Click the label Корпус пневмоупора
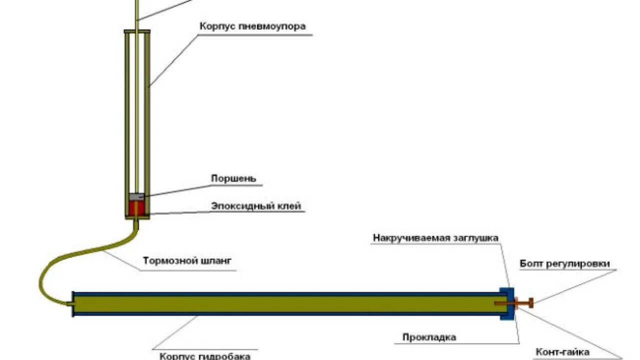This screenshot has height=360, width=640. pyautogui.click(x=252, y=26)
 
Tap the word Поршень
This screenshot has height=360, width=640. pyautogui.click(x=233, y=178)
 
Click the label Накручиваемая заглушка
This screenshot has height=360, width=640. pyautogui.click(x=435, y=238)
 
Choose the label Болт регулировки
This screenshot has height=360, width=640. pyautogui.click(x=564, y=264)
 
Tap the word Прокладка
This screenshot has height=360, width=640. pyautogui.click(x=429, y=337)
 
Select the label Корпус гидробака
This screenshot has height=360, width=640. pyautogui.click(x=205, y=356)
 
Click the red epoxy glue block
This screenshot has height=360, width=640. pyautogui.click(x=136, y=207)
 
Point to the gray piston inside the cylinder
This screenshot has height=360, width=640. pyautogui.click(x=136, y=196)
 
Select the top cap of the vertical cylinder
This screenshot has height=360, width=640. pyautogui.click(x=136, y=31)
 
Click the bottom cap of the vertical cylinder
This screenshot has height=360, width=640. pyautogui.click(x=136, y=217)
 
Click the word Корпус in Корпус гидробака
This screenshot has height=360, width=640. pyautogui.click(x=175, y=356)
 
